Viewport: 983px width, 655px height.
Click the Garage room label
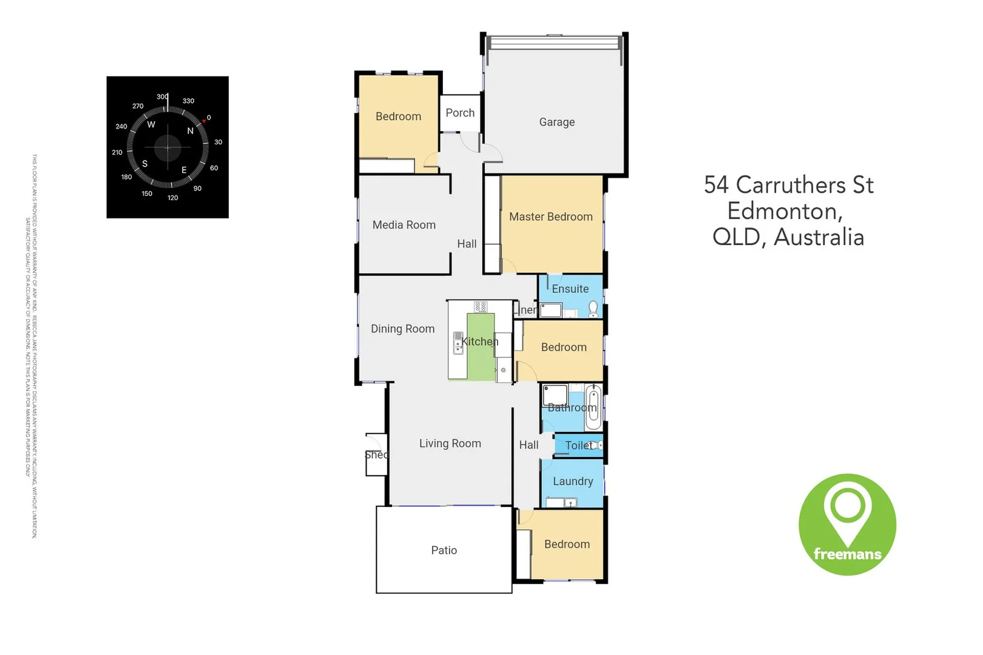coord(556,122)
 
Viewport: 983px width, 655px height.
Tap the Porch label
coord(460,113)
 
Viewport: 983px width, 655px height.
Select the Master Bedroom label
coord(550,217)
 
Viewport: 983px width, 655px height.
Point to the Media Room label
coord(404,225)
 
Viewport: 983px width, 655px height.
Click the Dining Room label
coord(402,329)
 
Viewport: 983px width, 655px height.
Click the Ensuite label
coord(570,289)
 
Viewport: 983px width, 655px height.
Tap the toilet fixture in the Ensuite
coord(593,309)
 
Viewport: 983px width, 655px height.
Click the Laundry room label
coord(572,481)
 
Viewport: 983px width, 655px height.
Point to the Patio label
coord(444,550)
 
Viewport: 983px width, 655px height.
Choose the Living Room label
coord(450,443)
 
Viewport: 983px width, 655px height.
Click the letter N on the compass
coord(190,130)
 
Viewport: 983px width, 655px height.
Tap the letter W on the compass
coord(151,124)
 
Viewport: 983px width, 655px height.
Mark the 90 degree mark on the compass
coord(197,189)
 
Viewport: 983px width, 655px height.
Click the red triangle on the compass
coord(204,121)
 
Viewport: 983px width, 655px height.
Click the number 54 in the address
coord(716,185)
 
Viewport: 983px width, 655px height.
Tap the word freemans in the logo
coord(847,554)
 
